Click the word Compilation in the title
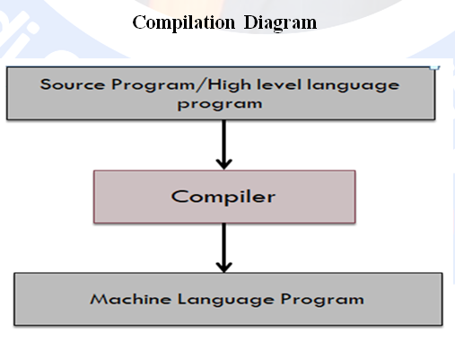pos(184,23)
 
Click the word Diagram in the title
pos(280,23)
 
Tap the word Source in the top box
pos(73,84)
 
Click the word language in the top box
pos(353,86)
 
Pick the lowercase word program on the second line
pos(220,105)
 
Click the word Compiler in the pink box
pos(223,198)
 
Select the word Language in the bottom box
pos(225,300)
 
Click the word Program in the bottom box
pos(322,300)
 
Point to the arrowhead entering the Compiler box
pos(224,165)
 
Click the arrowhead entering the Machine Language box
pos(224,268)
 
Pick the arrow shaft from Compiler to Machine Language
pos(224,245)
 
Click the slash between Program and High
pos(201,84)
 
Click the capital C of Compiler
pos(179,197)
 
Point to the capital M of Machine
pos(98,299)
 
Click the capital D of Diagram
pos(250,22)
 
